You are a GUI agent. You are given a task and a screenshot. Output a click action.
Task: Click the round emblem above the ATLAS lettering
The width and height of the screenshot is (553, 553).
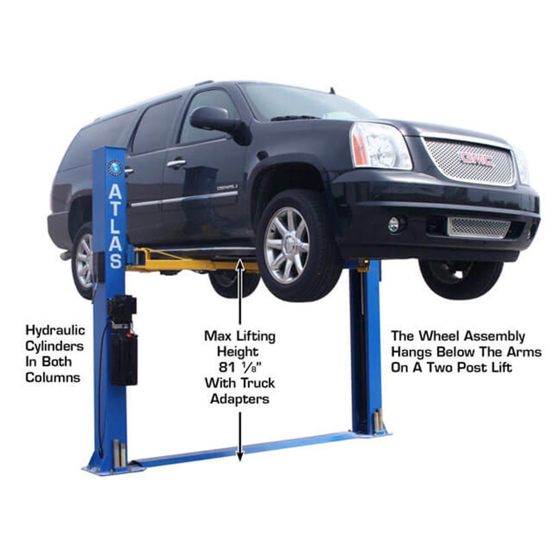[115, 168]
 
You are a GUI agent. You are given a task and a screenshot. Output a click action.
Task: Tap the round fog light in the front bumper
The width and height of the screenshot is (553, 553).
[394, 224]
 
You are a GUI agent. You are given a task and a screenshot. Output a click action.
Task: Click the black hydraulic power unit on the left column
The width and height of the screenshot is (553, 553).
[123, 339]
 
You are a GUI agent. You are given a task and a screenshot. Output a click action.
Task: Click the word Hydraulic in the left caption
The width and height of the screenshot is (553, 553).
[55, 330]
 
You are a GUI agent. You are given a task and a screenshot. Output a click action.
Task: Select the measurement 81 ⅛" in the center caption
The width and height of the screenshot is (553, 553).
[240, 367]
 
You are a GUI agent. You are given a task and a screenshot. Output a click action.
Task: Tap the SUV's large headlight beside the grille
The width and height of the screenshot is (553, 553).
[380, 146]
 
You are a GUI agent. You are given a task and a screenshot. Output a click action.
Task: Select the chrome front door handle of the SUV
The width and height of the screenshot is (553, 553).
[176, 163]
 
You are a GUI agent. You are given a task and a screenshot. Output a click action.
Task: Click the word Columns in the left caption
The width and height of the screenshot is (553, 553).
[53, 377]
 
